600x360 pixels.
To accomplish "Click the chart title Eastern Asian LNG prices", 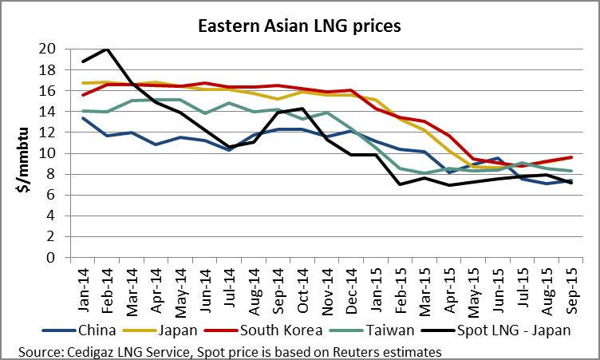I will point(299,26).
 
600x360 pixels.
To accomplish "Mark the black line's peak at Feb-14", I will point(106,49).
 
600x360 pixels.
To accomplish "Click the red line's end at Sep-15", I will point(570,157).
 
